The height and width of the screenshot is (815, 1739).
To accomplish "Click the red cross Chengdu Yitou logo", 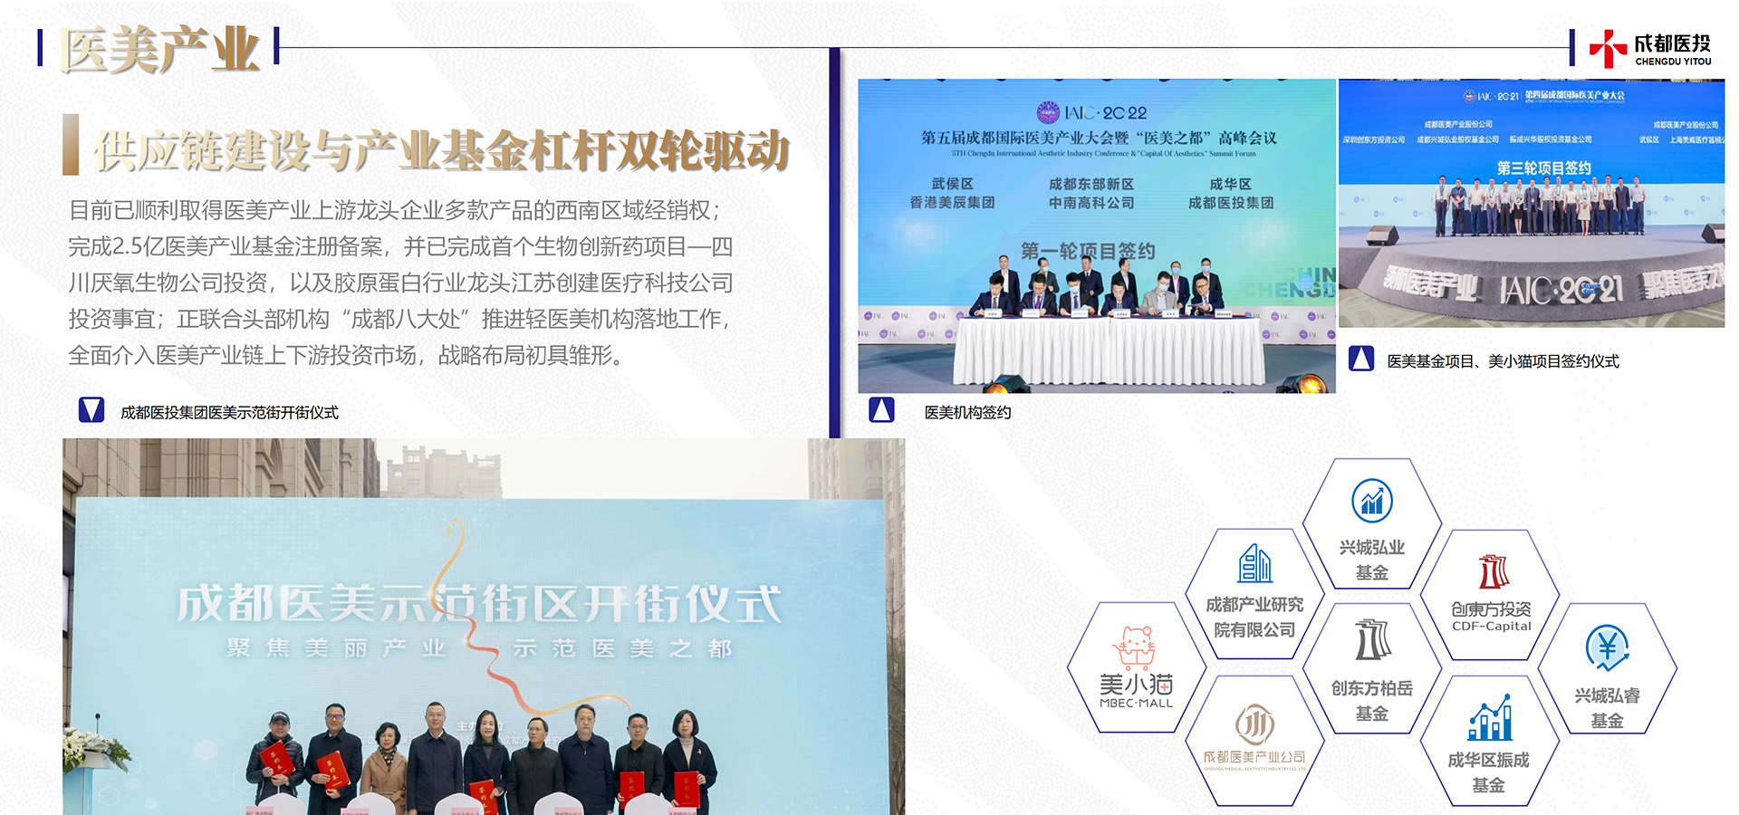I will pyautogui.click(x=1608, y=48).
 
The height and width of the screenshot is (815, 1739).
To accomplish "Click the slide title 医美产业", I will pyautogui.click(x=159, y=49).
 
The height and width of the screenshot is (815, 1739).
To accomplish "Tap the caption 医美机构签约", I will pyautogui.click(x=967, y=413).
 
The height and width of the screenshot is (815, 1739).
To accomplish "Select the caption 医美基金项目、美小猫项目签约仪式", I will pyautogui.click(x=1503, y=361).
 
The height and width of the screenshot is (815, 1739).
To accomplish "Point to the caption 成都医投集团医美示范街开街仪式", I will pyautogui.click(x=229, y=413).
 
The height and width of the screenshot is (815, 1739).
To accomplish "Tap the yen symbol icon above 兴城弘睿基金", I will pyautogui.click(x=1607, y=647).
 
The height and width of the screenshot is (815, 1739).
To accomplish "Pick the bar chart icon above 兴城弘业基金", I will pyautogui.click(x=1372, y=501).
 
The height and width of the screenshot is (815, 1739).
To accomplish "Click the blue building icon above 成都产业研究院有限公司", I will pyautogui.click(x=1254, y=563).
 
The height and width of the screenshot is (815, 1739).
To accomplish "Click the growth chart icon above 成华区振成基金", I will pyautogui.click(x=1490, y=719).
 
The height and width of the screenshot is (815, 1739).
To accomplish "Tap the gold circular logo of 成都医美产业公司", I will pyautogui.click(x=1254, y=724).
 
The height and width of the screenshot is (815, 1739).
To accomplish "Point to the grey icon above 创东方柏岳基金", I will pyautogui.click(x=1372, y=640).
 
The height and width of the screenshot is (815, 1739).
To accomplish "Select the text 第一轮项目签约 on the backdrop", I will pyautogui.click(x=1088, y=251).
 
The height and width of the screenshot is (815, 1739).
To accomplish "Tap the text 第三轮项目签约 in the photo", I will pyautogui.click(x=1543, y=168).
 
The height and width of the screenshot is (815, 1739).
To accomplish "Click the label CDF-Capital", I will pyautogui.click(x=1492, y=626).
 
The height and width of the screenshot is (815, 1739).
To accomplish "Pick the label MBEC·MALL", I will pyautogui.click(x=1136, y=703).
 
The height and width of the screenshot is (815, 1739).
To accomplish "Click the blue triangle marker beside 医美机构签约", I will pyautogui.click(x=881, y=410).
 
